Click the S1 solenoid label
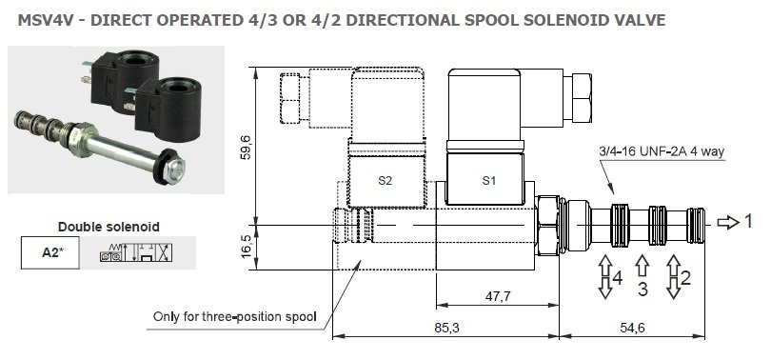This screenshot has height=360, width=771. [488, 181]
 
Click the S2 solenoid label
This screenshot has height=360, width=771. [385, 181]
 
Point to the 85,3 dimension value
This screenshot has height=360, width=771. [446, 327]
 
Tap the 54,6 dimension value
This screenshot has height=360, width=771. [632, 327]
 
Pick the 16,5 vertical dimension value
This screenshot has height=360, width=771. [247, 246]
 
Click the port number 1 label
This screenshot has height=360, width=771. [748, 221]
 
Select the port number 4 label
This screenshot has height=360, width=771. [618, 278]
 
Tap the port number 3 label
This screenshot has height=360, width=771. [642, 290]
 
